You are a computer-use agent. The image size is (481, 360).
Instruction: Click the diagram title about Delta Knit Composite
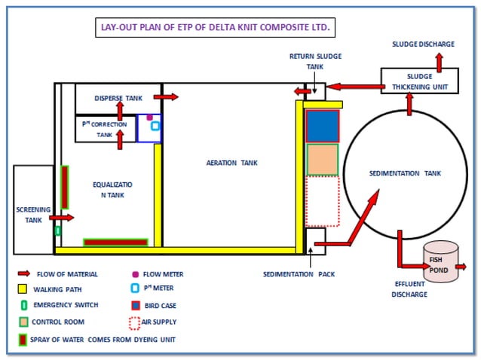(x=216, y=28)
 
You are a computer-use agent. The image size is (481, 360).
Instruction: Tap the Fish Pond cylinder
(x=441, y=262)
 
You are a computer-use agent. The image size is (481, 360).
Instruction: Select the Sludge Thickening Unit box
(x=419, y=81)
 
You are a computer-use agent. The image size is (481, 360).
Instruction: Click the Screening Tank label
(x=33, y=215)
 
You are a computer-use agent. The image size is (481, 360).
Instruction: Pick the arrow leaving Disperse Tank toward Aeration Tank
(x=166, y=97)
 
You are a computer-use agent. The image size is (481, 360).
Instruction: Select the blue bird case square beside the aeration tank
(x=322, y=126)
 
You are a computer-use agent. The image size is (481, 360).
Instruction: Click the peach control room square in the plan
(x=322, y=159)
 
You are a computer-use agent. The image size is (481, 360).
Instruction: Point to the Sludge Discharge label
(x=423, y=44)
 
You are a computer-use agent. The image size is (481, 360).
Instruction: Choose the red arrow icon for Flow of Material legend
(x=23, y=274)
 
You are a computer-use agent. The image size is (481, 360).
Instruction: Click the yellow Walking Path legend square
(x=23, y=288)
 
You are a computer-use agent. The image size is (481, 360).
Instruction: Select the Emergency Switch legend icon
(x=23, y=305)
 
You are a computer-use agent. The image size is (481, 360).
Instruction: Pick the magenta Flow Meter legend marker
(x=135, y=274)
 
